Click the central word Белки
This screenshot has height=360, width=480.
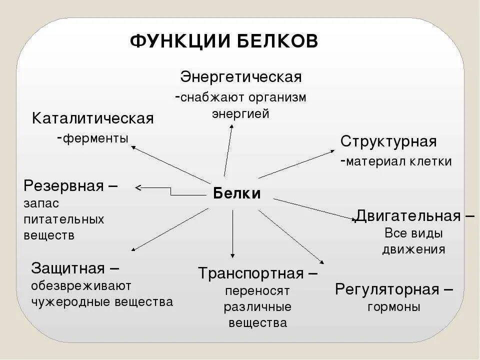click(237, 193)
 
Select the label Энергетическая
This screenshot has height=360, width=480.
click(241, 77)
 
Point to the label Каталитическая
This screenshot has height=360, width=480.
click(93, 119)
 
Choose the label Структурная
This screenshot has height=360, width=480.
click(388, 141)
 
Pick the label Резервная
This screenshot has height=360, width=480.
click(63, 186)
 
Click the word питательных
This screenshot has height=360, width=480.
click(64, 219)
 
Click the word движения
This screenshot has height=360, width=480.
click(413, 249)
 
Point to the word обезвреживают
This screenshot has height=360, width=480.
click(81, 285)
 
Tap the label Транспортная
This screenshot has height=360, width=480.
click(250, 273)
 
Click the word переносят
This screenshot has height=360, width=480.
click(257, 290)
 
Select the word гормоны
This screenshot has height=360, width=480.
click(393, 306)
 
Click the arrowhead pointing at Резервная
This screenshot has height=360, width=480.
click(138, 188)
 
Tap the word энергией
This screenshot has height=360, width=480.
click(240, 113)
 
